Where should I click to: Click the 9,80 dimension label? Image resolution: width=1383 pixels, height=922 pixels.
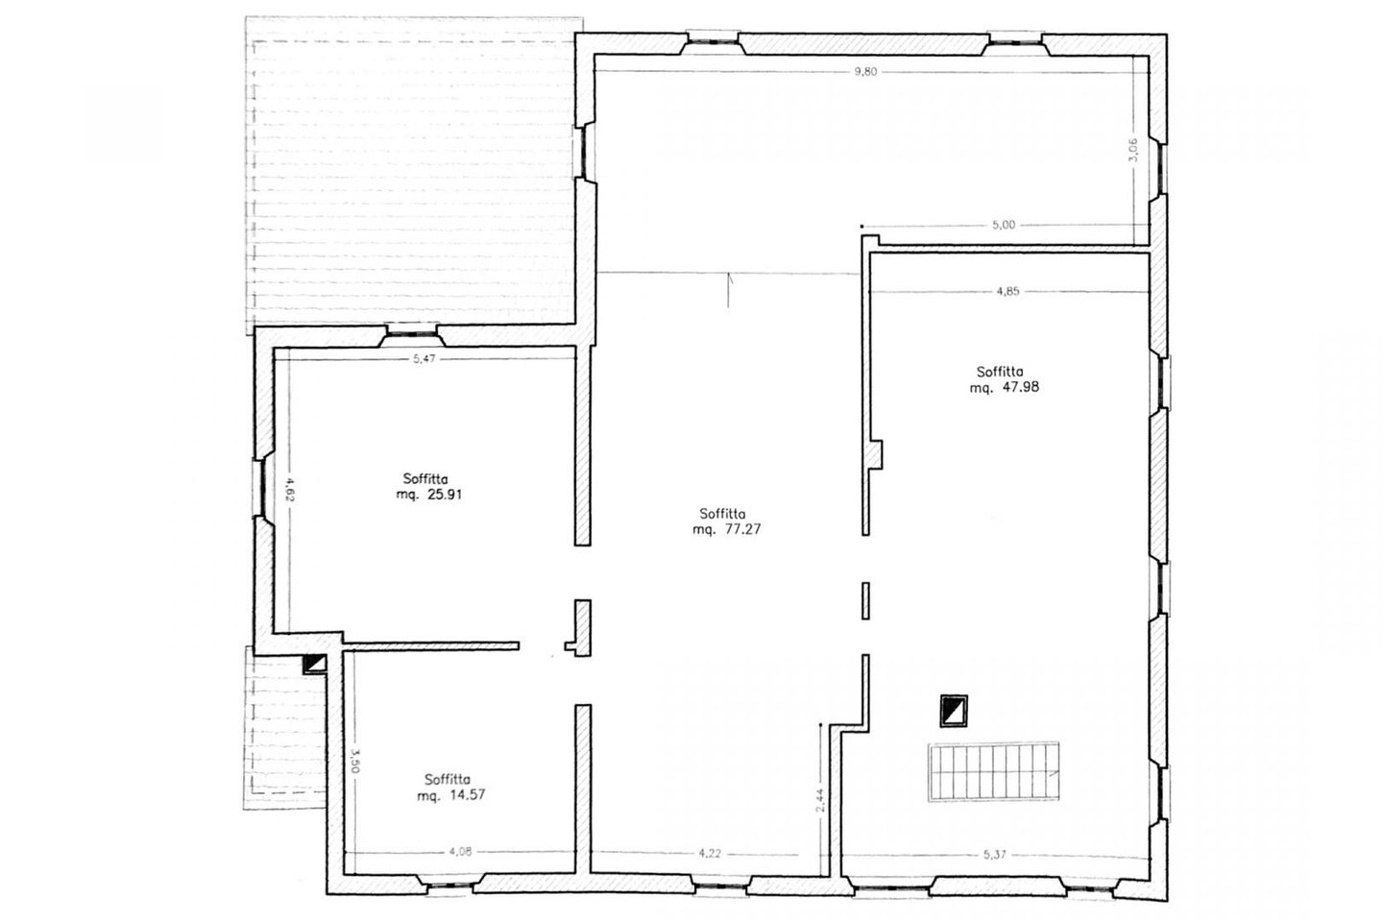click(x=865, y=72)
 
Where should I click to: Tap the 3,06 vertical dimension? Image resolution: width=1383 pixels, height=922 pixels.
click(x=1133, y=149)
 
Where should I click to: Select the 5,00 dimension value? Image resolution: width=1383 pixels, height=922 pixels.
click(x=1004, y=225)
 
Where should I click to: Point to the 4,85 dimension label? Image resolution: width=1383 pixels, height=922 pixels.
click(x=1007, y=291)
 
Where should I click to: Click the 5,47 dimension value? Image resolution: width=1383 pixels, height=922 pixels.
click(x=425, y=358)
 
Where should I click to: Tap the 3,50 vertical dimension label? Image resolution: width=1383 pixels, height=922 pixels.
click(x=355, y=761)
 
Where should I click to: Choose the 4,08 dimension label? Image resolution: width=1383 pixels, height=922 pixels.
click(x=460, y=852)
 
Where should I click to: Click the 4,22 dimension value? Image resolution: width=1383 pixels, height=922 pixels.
click(x=710, y=854)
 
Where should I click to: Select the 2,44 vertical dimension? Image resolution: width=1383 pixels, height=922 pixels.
click(x=819, y=801)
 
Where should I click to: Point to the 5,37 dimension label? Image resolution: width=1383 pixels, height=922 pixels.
click(x=995, y=855)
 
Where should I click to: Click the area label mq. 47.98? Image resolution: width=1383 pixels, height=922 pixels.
click(x=1005, y=388)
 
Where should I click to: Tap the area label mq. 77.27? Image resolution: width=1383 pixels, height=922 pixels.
click(x=727, y=530)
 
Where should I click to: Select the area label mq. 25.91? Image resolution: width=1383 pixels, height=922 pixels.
click(x=429, y=495)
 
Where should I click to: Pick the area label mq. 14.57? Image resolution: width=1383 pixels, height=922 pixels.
click(x=451, y=795)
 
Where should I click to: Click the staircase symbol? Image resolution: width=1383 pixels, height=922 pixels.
click(x=993, y=772)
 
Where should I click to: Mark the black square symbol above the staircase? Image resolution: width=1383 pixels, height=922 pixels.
click(x=954, y=711)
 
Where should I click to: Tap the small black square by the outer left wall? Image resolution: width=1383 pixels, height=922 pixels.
click(x=314, y=664)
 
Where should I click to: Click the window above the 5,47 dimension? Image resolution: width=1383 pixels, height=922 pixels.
click(x=412, y=334)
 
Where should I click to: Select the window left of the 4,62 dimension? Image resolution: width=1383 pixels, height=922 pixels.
click(x=261, y=489)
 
